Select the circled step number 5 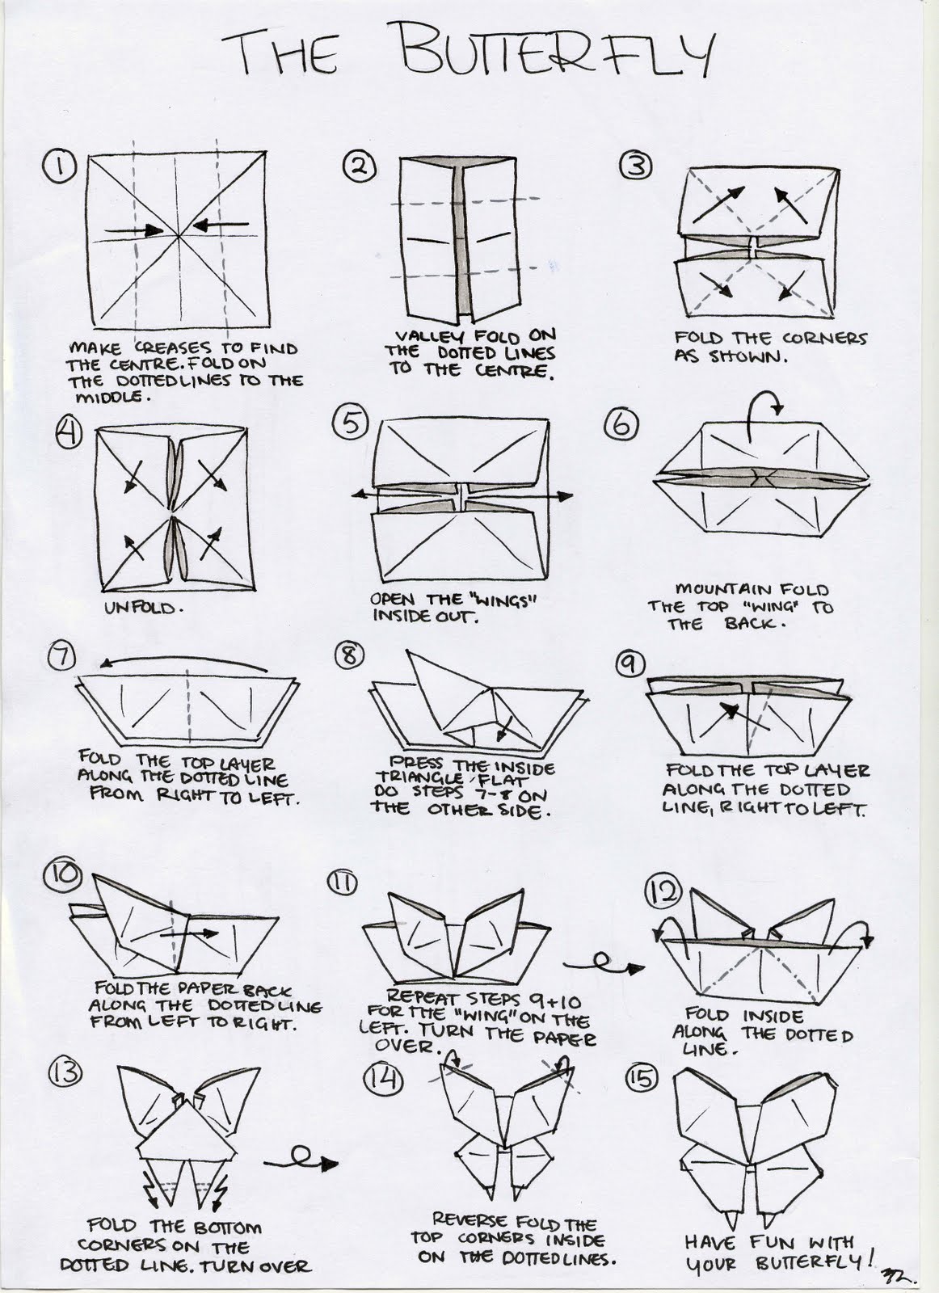[352, 425]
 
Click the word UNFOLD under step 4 [138, 606]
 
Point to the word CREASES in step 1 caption [171, 348]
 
